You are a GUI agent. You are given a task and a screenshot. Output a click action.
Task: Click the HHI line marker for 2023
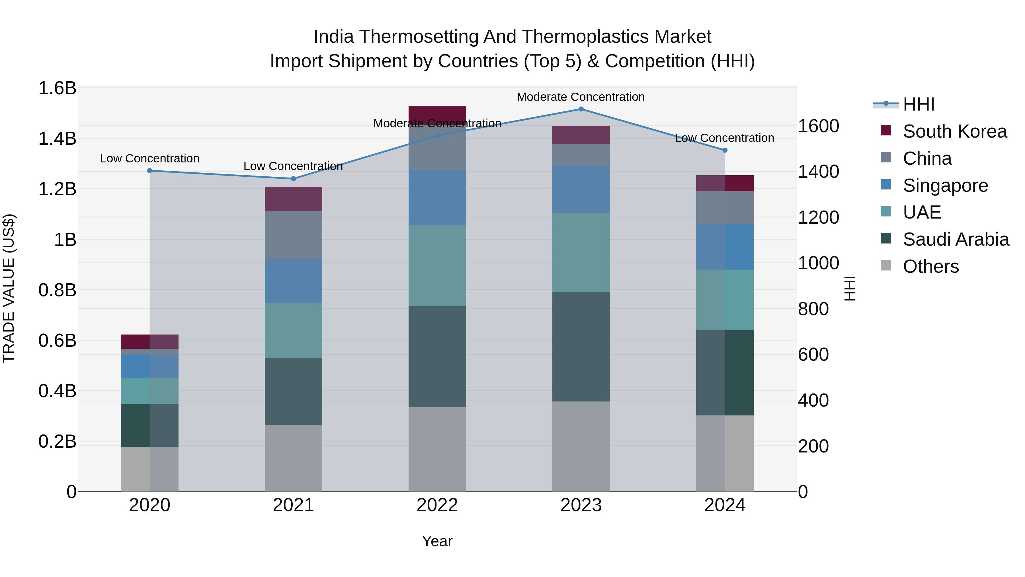[x=581, y=109]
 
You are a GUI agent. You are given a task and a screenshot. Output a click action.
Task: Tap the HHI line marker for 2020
[x=149, y=171]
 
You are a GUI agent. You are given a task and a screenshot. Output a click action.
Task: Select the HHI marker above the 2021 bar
[x=294, y=179]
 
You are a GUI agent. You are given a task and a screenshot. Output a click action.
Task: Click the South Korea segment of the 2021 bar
[x=294, y=199]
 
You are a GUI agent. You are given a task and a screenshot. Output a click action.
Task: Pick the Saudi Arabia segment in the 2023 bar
[x=581, y=346]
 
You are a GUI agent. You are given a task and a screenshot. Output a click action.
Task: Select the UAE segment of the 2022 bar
[x=437, y=266]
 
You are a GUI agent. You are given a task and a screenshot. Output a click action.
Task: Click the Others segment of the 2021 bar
[x=294, y=458]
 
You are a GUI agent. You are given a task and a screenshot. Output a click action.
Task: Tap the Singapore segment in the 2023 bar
[x=581, y=189]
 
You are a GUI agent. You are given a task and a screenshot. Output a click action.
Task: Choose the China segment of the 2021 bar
[x=294, y=235]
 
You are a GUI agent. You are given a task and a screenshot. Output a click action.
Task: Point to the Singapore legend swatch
[x=886, y=185]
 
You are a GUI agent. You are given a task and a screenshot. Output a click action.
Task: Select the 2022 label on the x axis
[x=437, y=505]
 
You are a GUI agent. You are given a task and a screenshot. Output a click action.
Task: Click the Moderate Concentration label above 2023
[x=581, y=97]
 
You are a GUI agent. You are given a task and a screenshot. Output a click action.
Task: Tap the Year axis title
[x=437, y=541]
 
